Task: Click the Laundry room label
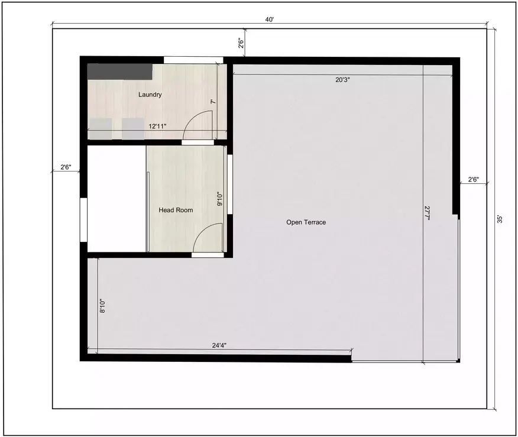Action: coord(150,95)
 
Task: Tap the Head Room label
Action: coord(176,210)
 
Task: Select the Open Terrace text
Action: coord(306,222)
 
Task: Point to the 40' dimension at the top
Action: coord(269,20)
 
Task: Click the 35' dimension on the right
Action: coord(500,219)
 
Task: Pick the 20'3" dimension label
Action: coord(342,79)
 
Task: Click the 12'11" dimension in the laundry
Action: coord(158,126)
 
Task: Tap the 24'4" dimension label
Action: coord(219,345)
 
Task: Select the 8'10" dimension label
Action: coord(102,306)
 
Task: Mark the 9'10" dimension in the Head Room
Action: coord(219,199)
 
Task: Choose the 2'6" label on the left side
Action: coord(66,167)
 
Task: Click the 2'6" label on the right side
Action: coord(473,180)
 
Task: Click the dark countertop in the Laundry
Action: coord(120,72)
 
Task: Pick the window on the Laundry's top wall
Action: coord(193,60)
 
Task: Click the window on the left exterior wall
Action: coord(83,219)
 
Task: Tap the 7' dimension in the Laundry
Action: coord(212,102)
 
